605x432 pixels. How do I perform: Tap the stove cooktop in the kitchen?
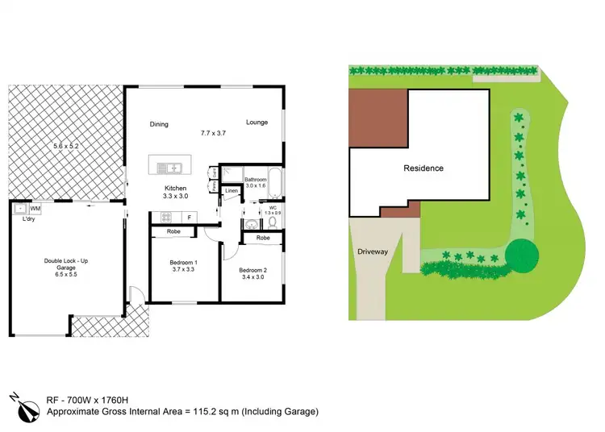point(168,217)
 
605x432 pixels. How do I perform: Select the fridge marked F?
point(188,217)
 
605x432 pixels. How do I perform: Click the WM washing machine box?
point(35,208)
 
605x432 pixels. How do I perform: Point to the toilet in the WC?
point(273,222)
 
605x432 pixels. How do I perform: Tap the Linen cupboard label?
point(232,191)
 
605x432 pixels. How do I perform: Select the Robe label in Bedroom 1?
point(173,232)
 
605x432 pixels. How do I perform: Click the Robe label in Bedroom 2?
point(263,239)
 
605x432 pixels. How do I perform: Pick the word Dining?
point(159,124)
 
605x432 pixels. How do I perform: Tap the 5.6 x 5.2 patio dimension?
point(67,146)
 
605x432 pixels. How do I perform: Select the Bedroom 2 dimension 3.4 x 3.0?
point(252,276)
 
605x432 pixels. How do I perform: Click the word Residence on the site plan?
point(423,168)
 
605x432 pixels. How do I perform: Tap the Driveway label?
point(372,251)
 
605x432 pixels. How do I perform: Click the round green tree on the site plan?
point(524,255)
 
